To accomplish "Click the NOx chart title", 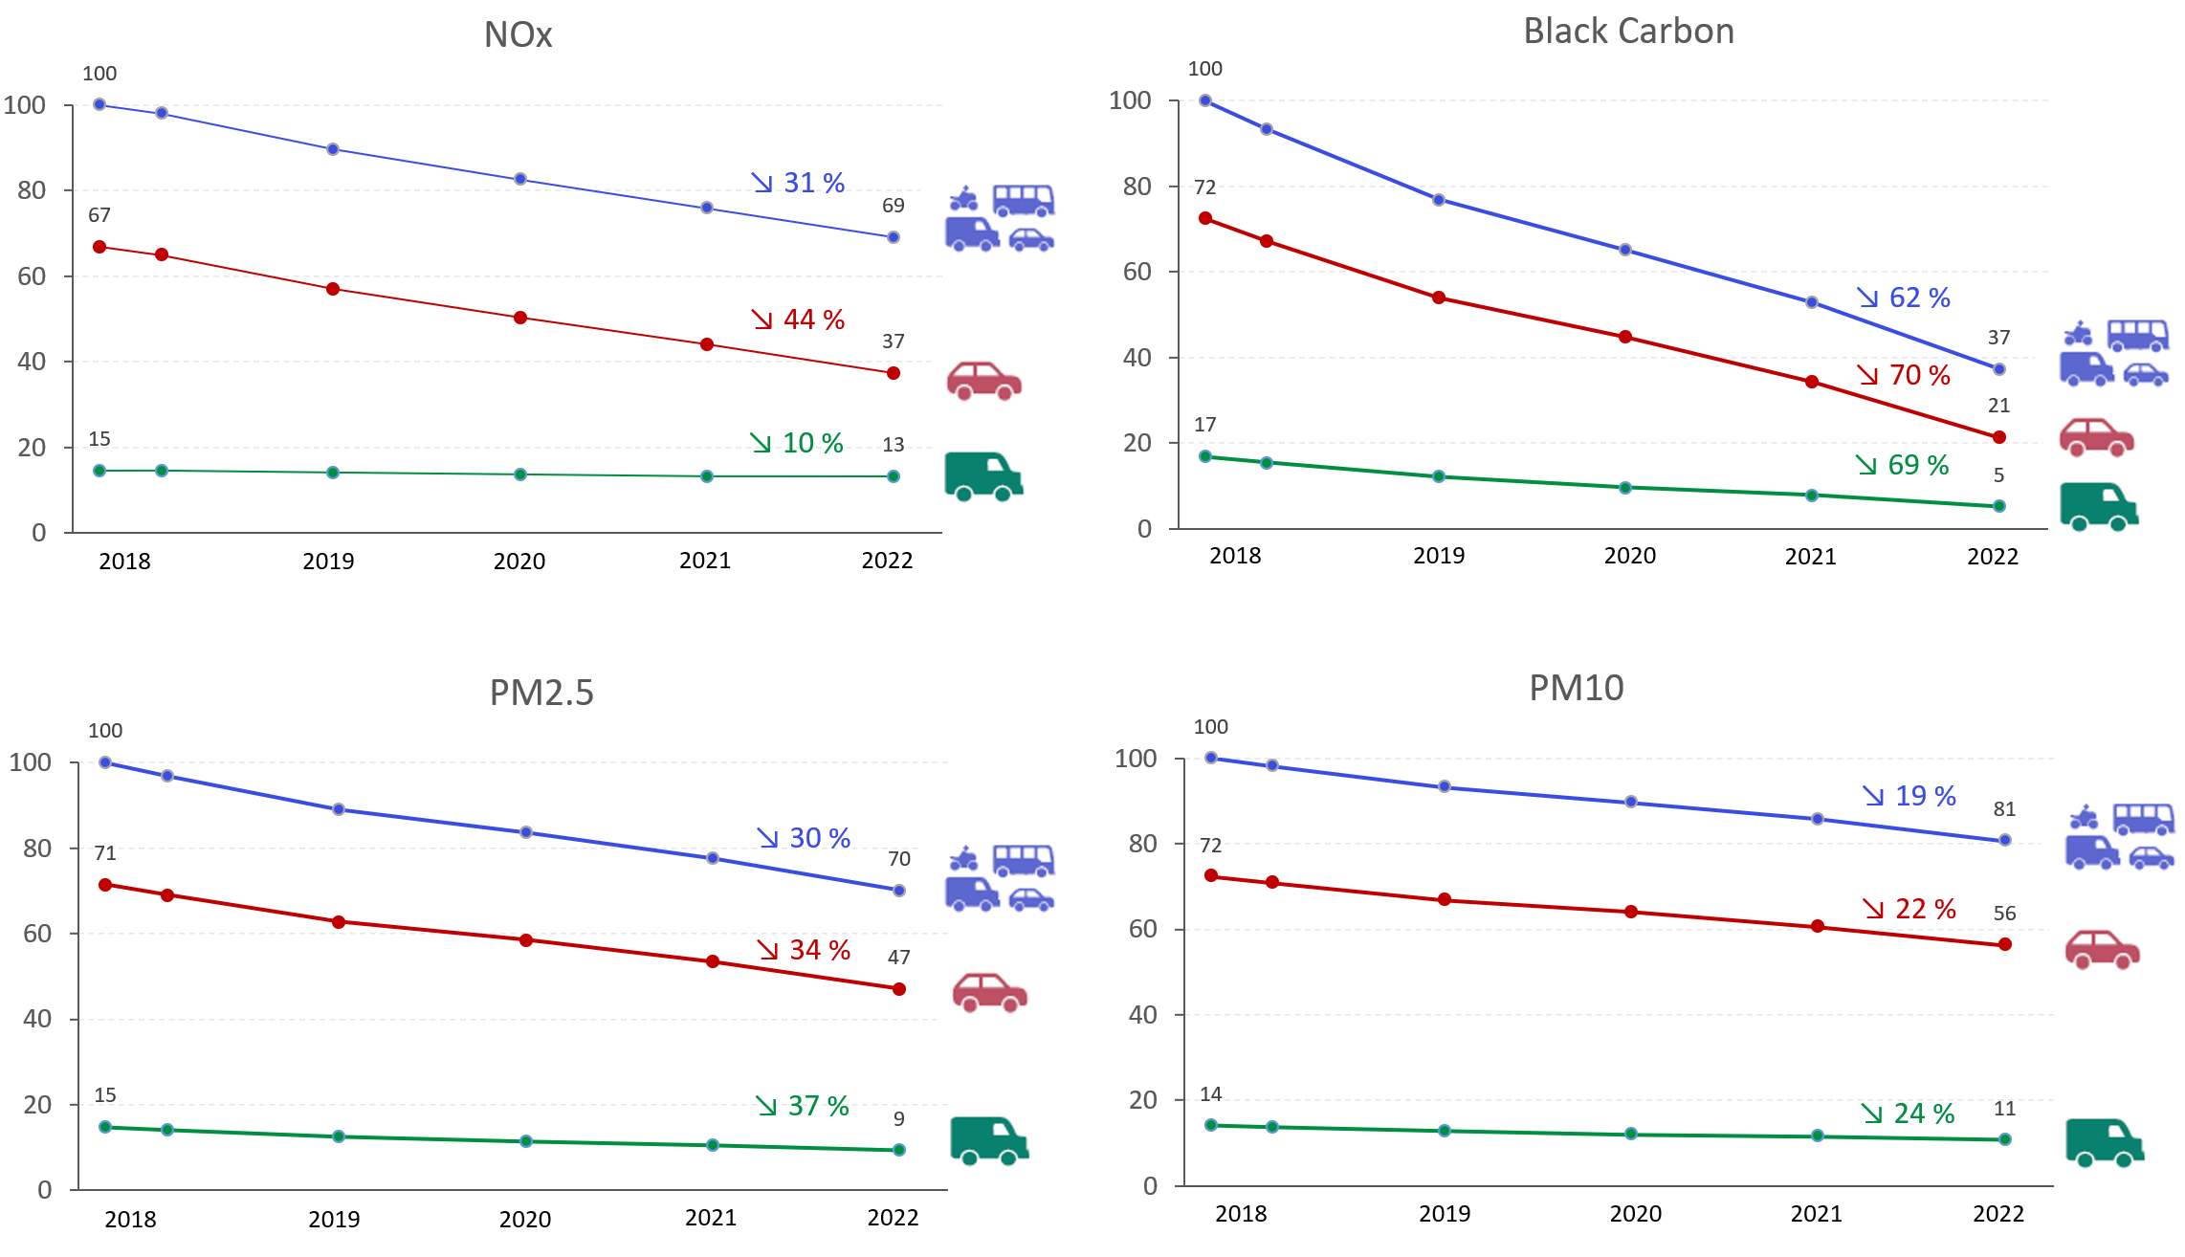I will click(518, 35).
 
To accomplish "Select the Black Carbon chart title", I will click(1628, 32).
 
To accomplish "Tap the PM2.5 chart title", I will click(541, 693).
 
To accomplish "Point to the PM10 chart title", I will click(1576, 689).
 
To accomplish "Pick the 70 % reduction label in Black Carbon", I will click(1905, 375).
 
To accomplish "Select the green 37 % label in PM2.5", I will click(804, 1106).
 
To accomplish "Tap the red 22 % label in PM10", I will click(1910, 909).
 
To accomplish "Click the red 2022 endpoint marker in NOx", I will click(894, 373).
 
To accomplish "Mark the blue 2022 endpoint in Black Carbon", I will click(1999, 369).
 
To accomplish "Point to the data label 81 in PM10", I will click(2004, 809).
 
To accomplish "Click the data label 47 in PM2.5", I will click(898, 958).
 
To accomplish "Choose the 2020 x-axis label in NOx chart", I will click(519, 562).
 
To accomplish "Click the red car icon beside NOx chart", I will click(984, 381).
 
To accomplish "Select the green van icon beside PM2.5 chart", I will click(989, 1140).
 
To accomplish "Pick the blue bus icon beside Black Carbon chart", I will click(2138, 336).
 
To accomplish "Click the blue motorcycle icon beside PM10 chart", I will click(2084, 818).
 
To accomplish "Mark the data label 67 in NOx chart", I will click(99, 215).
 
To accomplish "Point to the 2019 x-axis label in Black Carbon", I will click(1439, 556).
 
